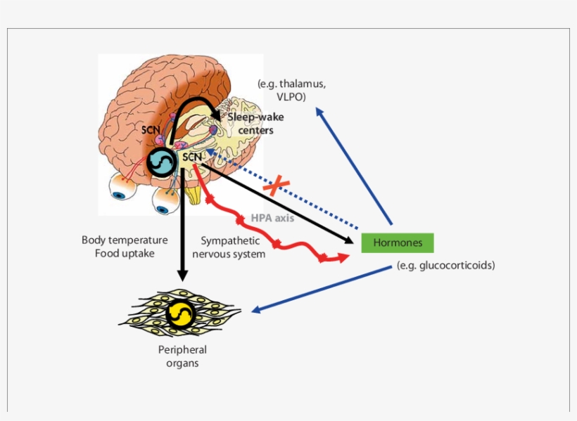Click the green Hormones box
398,242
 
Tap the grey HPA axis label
272,218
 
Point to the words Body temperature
125,240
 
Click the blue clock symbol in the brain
162,162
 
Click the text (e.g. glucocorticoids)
445,266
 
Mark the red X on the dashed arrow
277,186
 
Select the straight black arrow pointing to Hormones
281,205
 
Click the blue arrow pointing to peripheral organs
317,290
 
